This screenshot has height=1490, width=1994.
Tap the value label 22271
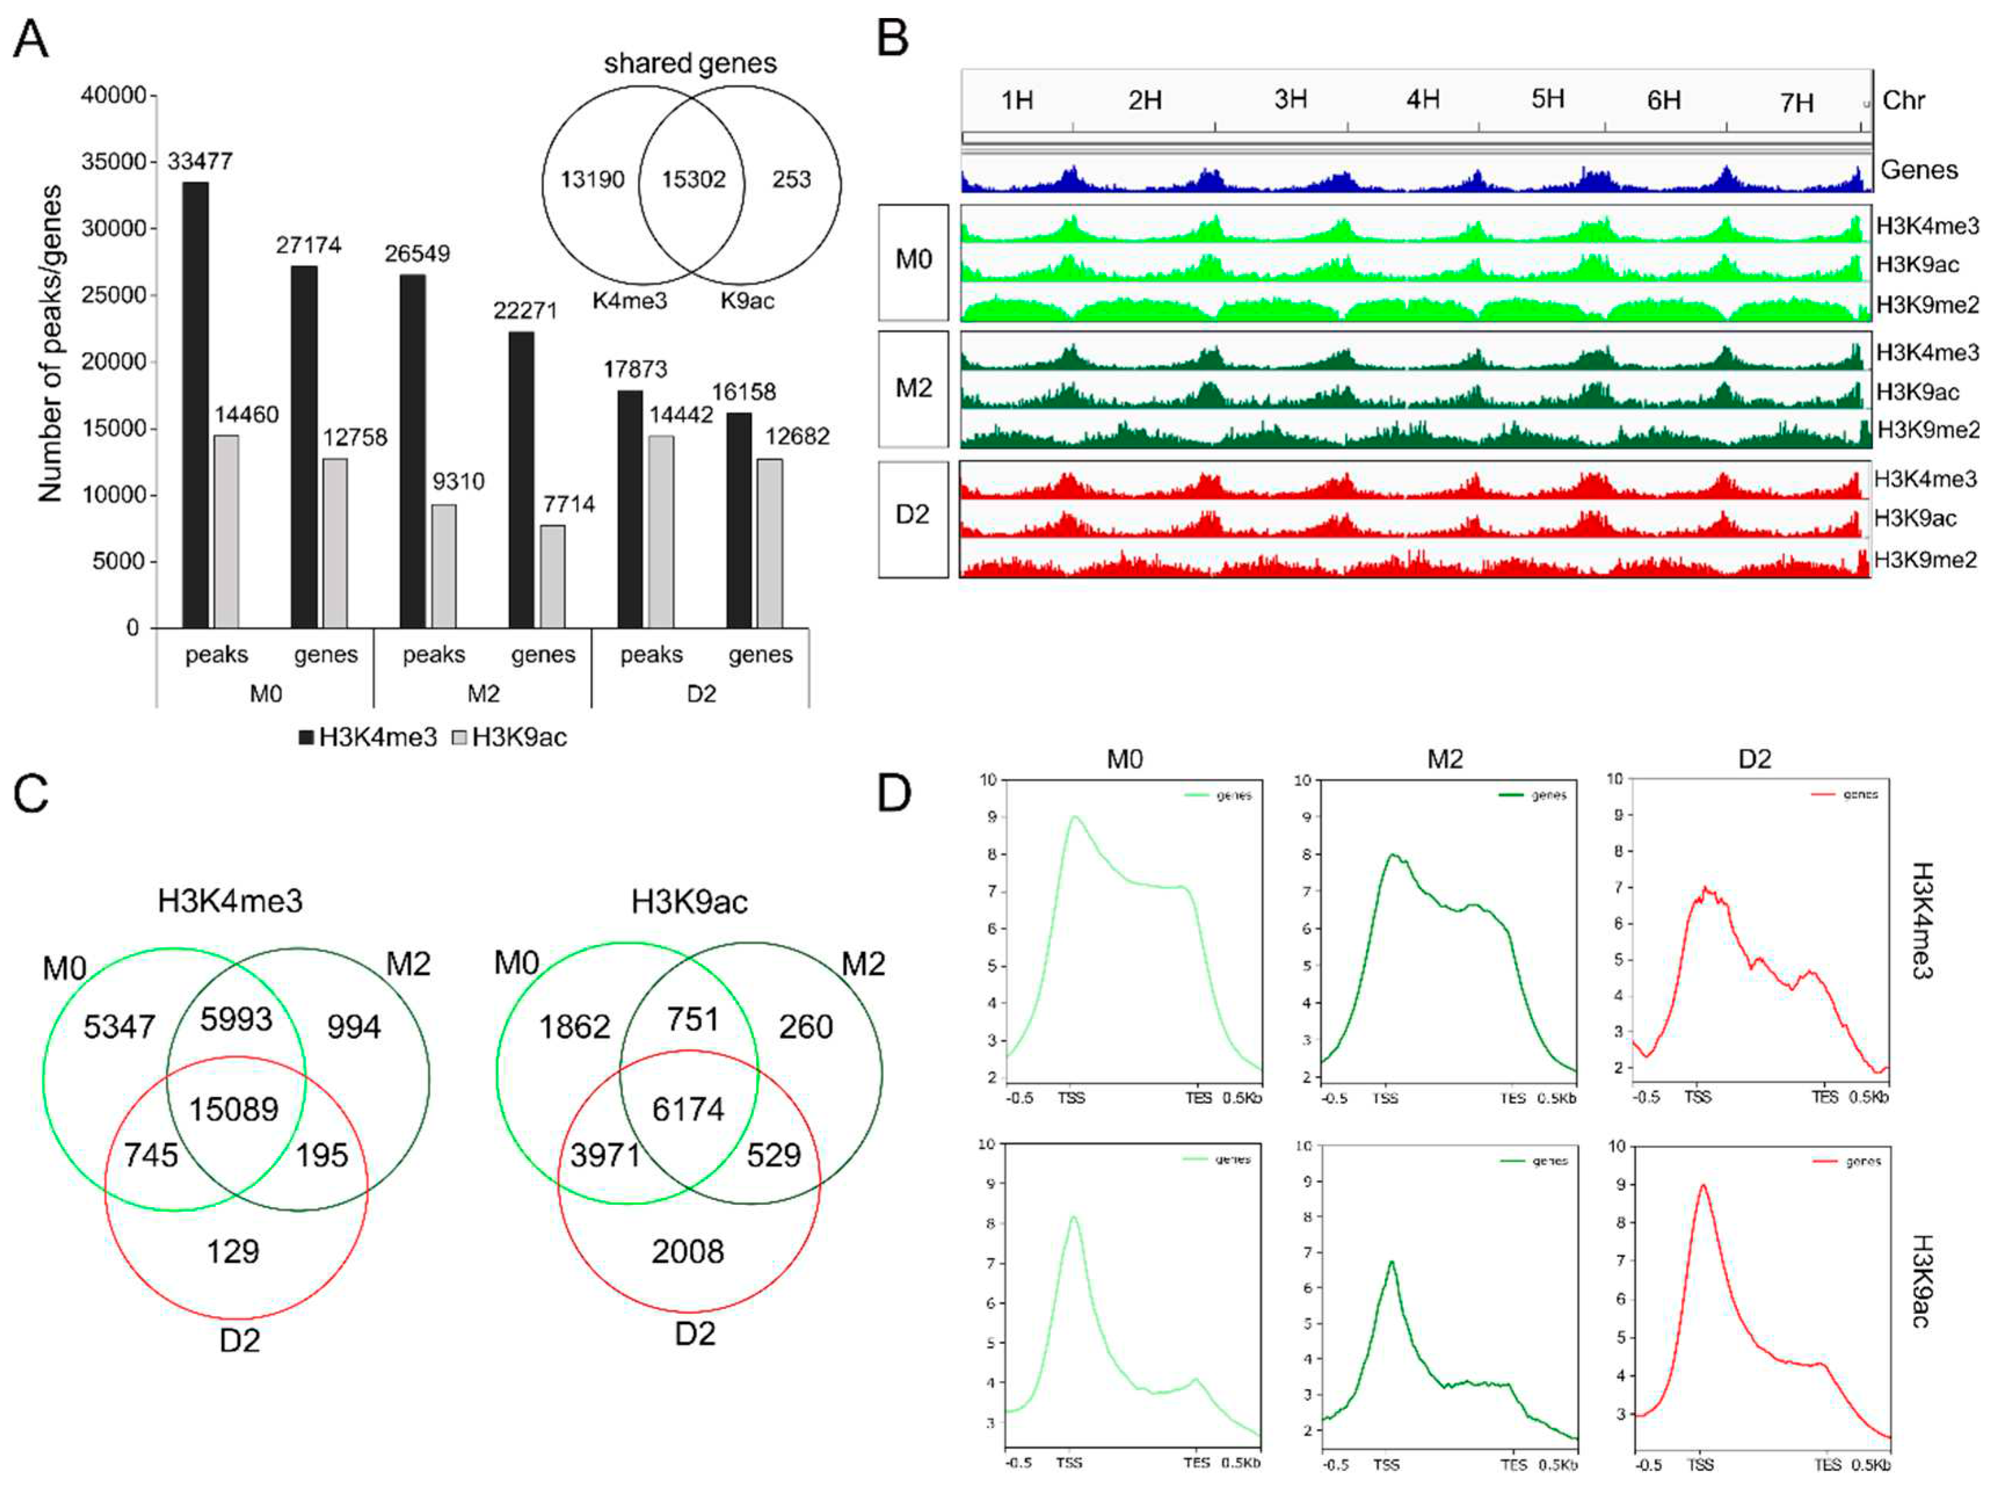[525, 311]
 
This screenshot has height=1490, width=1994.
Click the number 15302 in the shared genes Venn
[693, 179]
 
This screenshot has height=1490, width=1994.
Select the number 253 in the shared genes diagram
[791, 179]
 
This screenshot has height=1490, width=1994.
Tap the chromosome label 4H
[1422, 99]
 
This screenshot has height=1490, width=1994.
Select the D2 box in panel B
[913, 515]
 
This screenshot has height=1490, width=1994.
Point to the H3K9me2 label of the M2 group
[1927, 430]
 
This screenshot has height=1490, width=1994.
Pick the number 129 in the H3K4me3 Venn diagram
[232, 1251]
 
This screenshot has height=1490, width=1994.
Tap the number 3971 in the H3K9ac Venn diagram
[604, 1155]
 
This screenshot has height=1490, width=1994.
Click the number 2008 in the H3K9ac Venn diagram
[688, 1251]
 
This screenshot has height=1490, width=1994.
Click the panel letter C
[31, 795]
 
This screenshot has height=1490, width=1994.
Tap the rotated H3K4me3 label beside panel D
[1922, 920]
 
